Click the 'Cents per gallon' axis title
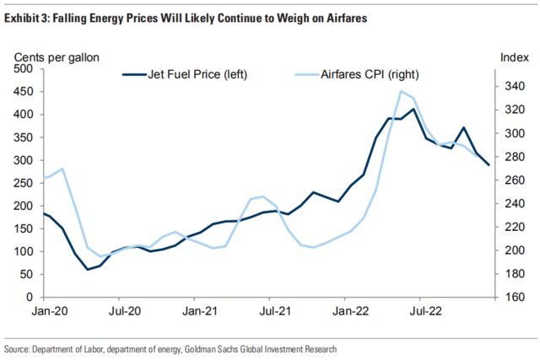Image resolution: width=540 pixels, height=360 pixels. point(57,56)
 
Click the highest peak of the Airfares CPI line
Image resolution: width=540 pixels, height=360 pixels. point(401,91)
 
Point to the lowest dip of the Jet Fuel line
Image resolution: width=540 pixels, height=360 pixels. point(88,270)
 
